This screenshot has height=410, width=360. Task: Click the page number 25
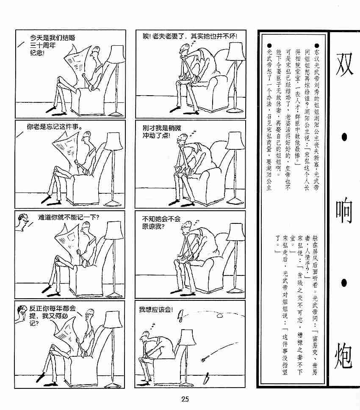pos(185,399)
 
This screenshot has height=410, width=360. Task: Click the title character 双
pos(344,64)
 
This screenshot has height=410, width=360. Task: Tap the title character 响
pos(344,210)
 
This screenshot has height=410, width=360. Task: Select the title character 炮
pos(343,355)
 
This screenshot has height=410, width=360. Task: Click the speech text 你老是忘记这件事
pos(54,127)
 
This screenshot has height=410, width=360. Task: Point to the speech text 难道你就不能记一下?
pos(69,217)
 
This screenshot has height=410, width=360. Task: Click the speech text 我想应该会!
pos(156,310)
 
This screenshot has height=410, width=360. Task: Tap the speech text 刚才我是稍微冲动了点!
pos(162,132)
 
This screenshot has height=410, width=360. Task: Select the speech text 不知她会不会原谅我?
pos(161,223)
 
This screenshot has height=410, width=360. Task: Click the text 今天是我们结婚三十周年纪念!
pos(53,45)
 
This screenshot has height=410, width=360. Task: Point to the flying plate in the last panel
pos(219,316)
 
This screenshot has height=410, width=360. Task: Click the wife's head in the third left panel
pos(23,222)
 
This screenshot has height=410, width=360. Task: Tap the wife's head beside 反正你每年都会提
pos(22,312)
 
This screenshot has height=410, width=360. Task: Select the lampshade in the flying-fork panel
pos(188,337)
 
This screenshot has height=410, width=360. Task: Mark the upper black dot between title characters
pos(344,137)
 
